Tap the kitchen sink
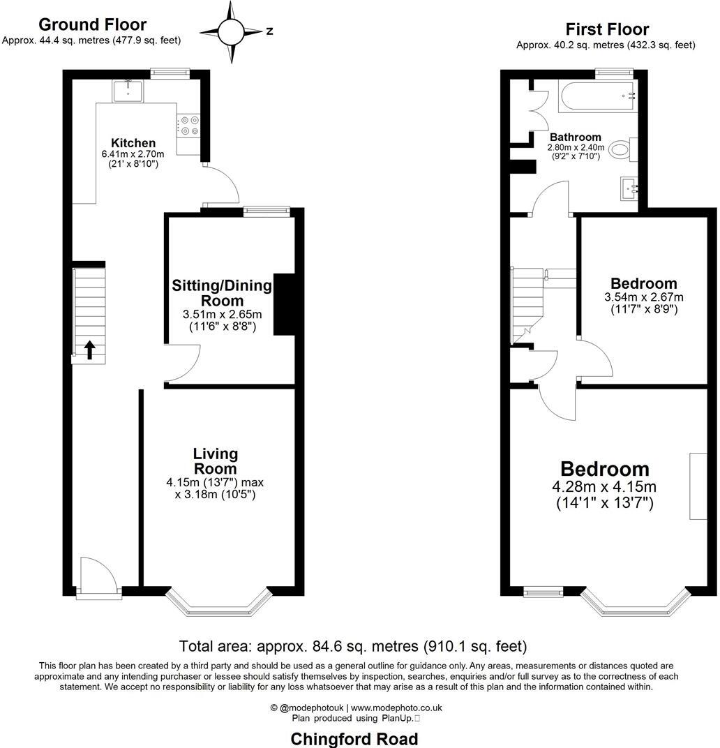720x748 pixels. pos(128,91)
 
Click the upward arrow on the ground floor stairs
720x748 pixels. pos(90,348)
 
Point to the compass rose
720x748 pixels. pos(230,31)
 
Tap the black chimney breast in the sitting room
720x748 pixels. pos(284,304)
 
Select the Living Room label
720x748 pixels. pos(215,461)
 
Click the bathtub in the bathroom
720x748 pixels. pos(597,96)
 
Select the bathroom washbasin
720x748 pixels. pos(632,187)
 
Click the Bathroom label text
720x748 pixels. pos(575,137)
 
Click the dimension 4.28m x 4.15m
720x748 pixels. pos(604,487)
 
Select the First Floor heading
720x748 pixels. pos(606,29)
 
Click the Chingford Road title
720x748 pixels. pos(354,738)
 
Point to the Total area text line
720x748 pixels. pos(353,646)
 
